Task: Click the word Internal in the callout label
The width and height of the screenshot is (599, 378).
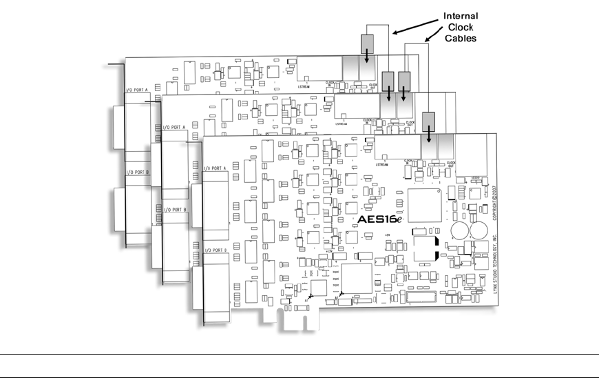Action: [x=461, y=16]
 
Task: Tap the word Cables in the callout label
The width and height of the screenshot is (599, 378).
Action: [x=461, y=39]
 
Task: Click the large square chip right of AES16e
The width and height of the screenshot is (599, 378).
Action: [x=425, y=205]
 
